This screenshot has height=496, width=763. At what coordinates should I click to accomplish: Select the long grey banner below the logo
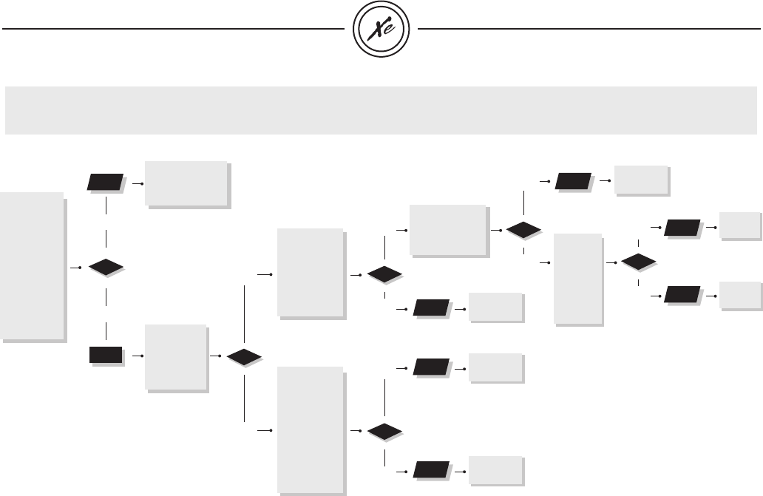coord(381,110)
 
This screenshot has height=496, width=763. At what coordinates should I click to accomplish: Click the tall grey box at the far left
coord(33,266)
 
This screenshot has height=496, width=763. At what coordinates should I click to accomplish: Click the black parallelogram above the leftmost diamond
coord(106,182)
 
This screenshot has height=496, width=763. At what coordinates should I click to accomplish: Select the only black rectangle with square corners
coord(106,356)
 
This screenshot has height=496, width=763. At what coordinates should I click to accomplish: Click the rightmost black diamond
coord(639,262)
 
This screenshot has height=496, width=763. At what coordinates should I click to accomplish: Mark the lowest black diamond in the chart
coord(385,430)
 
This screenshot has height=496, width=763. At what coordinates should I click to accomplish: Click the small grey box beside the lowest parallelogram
coord(496,471)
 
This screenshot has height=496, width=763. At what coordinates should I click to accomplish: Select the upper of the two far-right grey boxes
coord(741,227)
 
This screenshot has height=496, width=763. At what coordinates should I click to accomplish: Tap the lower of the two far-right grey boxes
coord(741,296)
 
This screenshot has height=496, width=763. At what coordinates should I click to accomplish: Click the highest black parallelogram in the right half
coord(574,180)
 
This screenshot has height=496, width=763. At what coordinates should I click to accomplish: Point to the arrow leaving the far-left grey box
coord(74,267)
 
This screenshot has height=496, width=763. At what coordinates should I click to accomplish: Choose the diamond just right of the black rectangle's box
coord(244,357)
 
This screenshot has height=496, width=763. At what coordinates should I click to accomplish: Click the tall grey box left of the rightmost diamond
coord(578,279)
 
